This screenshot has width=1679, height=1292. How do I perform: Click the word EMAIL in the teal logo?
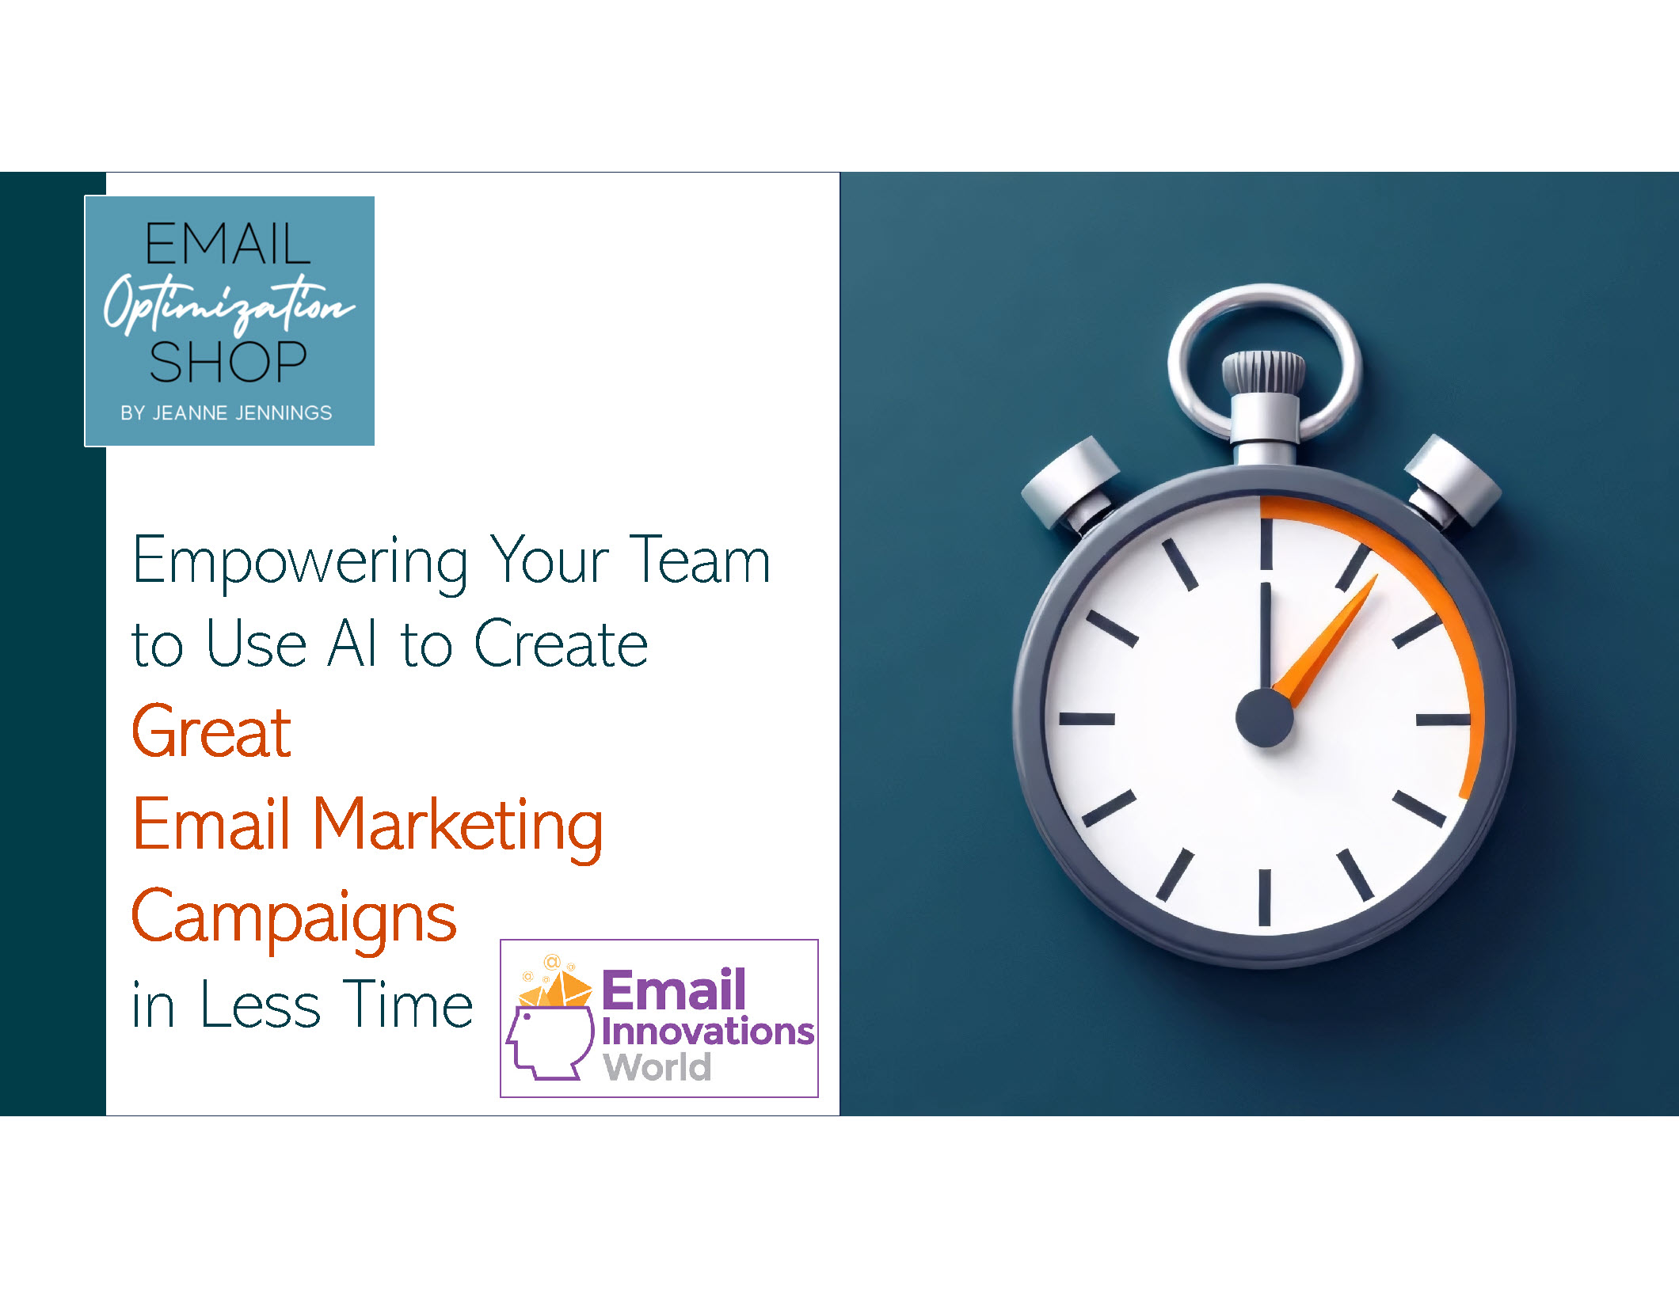click(x=228, y=244)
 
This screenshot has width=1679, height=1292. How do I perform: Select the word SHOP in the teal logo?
click(x=228, y=362)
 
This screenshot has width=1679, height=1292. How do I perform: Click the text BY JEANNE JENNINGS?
click(x=227, y=412)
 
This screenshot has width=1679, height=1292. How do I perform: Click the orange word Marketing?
click(x=459, y=827)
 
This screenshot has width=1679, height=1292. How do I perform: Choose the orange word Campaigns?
click(x=294, y=918)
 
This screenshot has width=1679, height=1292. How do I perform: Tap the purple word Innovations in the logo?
click(x=708, y=1031)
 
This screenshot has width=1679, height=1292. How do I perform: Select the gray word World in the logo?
click(x=657, y=1066)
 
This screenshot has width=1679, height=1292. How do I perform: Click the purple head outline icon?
click(x=550, y=1043)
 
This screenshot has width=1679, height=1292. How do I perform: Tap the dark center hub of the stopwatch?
click(x=1265, y=718)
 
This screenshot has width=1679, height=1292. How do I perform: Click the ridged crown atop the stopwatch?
click(x=1263, y=371)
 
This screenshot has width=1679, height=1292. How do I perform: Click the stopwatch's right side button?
click(x=1453, y=481)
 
